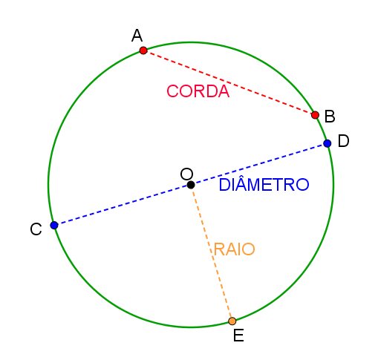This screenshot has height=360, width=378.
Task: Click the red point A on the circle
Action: pos(143,50)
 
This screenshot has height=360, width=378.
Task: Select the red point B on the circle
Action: pos(315,115)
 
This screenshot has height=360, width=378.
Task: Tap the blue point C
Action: pos(54,226)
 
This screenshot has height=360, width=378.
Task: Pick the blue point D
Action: pos(328,143)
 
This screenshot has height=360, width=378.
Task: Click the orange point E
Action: pos(232,321)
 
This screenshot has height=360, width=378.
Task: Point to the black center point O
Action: pos(191,185)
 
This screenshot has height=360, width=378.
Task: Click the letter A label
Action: pos(137,36)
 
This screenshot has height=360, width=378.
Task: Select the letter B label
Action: pos(330,116)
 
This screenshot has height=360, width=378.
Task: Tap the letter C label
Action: pos(36,229)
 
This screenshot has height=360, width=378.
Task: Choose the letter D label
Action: pos(344,141)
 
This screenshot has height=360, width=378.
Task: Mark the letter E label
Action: pos(238,336)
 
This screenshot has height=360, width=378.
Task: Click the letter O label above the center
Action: pos(186,174)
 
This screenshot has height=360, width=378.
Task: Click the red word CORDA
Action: pos(198,91)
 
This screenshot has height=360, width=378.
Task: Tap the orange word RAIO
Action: pos(234,249)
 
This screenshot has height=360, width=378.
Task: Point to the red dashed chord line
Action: pos(229,83)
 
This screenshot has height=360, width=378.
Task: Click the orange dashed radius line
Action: pos(212,253)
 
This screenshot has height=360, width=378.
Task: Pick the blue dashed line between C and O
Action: pos(123,205)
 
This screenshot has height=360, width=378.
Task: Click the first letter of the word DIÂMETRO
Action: pos(225,185)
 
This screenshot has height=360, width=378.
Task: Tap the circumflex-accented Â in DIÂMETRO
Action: pos(245,183)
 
